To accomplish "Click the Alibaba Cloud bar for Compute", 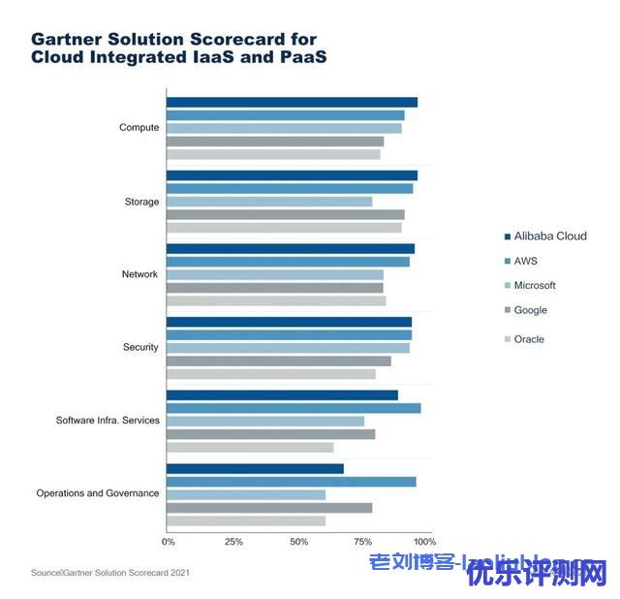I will coord(292,103).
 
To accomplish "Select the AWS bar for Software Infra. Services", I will coord(294,408).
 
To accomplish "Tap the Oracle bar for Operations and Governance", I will coord(246,520).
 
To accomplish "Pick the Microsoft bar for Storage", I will coord(269,202).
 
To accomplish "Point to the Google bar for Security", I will coord(279,361).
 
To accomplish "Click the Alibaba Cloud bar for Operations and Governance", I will coord(255,469).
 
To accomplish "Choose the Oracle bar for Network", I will coord(276,300).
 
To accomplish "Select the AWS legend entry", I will coord(525,261).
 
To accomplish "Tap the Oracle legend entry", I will coord(529,339).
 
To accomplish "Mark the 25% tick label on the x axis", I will coord(233,541).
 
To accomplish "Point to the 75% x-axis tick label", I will coord(364,541).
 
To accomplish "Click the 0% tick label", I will coord(169,541).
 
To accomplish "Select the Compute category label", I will coord(139,128).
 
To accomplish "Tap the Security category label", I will coord(140,347).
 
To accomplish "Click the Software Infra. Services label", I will coord(107,421).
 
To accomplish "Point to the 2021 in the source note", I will coord(179,573).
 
